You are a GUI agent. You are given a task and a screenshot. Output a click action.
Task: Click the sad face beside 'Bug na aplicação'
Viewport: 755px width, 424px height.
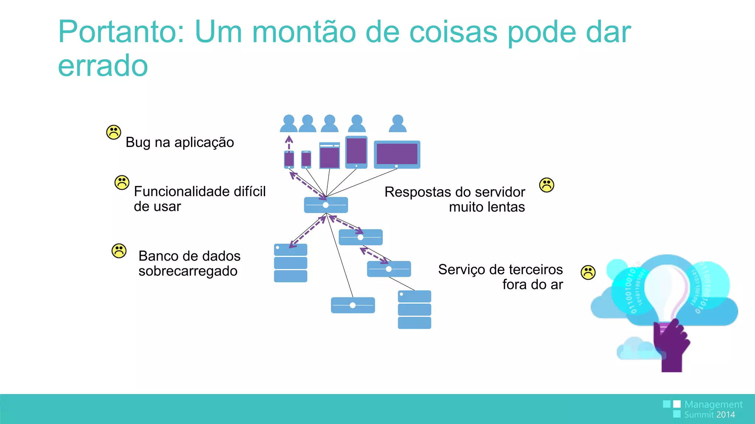114,132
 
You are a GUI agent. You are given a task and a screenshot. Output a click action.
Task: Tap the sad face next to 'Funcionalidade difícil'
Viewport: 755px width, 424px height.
122,183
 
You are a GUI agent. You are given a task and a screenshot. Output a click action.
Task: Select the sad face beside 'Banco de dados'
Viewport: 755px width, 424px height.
119,251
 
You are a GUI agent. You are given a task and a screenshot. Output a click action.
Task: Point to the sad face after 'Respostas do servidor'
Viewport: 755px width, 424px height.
547,185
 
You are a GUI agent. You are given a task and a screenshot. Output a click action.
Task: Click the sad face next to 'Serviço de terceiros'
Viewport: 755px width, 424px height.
588,272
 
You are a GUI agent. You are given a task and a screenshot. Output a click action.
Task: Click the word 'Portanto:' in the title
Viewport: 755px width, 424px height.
121,32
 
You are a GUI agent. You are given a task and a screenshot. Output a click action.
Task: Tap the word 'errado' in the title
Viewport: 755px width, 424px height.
103,66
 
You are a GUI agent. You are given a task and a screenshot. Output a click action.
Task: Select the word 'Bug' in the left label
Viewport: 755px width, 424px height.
138,142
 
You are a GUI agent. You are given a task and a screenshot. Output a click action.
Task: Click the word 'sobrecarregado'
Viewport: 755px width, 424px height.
188,271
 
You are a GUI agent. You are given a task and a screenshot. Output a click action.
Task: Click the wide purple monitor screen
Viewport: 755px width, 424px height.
397,154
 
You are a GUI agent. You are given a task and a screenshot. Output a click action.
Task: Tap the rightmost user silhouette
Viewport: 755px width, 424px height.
398,124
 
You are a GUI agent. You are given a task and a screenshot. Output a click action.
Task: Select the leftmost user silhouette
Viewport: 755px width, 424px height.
289,124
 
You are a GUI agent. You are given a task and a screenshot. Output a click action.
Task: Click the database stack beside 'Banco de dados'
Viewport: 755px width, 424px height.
290,263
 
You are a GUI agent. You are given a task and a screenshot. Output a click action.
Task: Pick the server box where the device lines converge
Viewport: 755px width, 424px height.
326,205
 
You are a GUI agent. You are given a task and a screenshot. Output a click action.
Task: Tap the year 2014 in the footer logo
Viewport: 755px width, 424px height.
726,415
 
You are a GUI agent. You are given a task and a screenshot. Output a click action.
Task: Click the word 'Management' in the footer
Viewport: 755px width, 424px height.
713,404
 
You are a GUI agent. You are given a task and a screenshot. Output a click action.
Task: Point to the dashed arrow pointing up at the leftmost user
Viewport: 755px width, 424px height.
289,143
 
